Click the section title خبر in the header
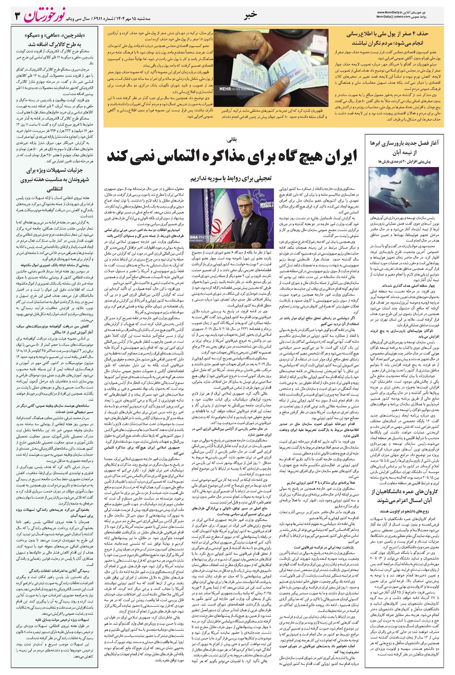pos(251,15)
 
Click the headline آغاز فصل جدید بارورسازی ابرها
pos(404,143)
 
